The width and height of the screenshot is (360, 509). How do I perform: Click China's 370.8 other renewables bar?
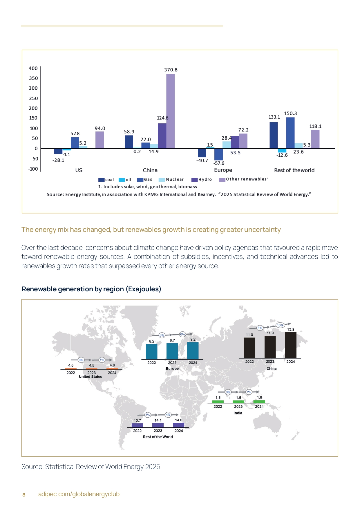pyautogui.click(x=170, y=111)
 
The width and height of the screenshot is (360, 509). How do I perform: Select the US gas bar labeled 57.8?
pyautogui.click(x=75, y=143)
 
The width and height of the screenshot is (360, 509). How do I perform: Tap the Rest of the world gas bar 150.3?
pyautogui.click(x=290, y=133)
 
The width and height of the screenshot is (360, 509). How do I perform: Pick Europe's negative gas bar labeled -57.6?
pyautogui.click(x=218, y=154)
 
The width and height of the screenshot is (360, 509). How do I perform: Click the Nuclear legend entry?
pyautogui.click(x=171, y=180)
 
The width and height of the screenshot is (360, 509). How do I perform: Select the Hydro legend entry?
pyautogui.click(x=202, y=180)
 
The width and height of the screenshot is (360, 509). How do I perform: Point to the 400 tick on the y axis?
pyautogui.click(x=33, y=68)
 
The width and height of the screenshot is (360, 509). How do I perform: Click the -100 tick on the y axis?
pyautogui.click(x=33, y=169)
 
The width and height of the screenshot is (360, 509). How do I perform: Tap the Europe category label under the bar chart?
pyautogui.click(x=223, y=170)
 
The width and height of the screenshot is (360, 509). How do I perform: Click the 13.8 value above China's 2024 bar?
pyautogui.click(x=291, y=330)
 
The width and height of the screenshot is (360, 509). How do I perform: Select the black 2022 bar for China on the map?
pyautogui.click(x=249, y=348)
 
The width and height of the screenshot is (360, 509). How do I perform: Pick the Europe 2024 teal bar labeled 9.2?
pyautogui.click(x=193, y=351)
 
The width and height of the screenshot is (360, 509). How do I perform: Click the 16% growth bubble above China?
pyautogui.click(x=280, y=325)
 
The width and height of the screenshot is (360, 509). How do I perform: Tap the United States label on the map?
pyautogui.click(x=91, y=377)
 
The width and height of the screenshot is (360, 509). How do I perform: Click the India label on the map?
pyautogui.click(x=238, y=413)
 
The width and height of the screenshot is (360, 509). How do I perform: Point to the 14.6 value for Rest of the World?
pyautogui.click(x=179, y=420)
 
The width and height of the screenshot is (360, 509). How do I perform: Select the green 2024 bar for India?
pyautogui.click(x=259, y=402)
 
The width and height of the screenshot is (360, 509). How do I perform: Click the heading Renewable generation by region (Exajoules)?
pyautogui.click(x=91, y=289)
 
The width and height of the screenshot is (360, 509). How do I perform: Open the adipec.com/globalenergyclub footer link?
pyautogui.click(x=79, y=494)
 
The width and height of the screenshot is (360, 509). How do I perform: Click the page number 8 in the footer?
pyautogui.click(x=24, y=495)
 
